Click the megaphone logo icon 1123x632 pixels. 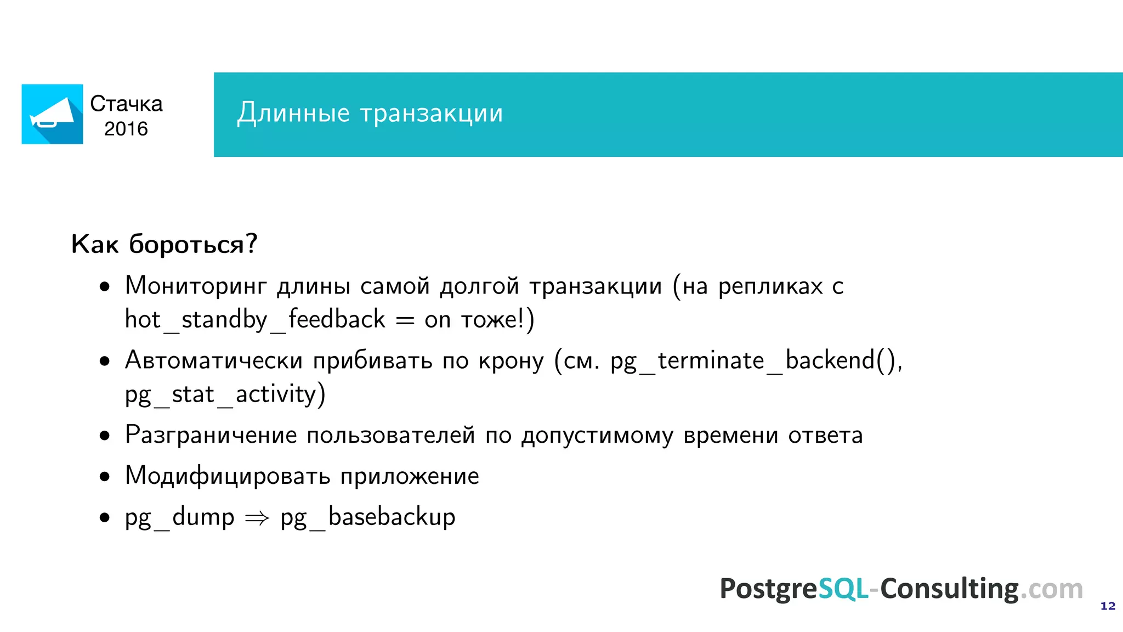(52, 114)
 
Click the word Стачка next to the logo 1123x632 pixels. (126, 104)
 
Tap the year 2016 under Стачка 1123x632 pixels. (126, 129)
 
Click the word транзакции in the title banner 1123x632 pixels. (432, 113)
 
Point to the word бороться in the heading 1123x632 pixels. (186, 244)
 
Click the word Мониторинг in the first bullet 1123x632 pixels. (196, 286)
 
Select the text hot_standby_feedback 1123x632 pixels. (255, 319)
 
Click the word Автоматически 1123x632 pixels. (214, 360)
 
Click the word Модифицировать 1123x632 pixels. (227, 476)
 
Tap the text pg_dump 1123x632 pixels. (180, 517)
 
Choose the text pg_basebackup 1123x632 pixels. (368, 517)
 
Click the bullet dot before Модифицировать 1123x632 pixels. (105, 477)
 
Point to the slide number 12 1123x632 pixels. (1108, 606)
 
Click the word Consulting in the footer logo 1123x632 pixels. (950, 589)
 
